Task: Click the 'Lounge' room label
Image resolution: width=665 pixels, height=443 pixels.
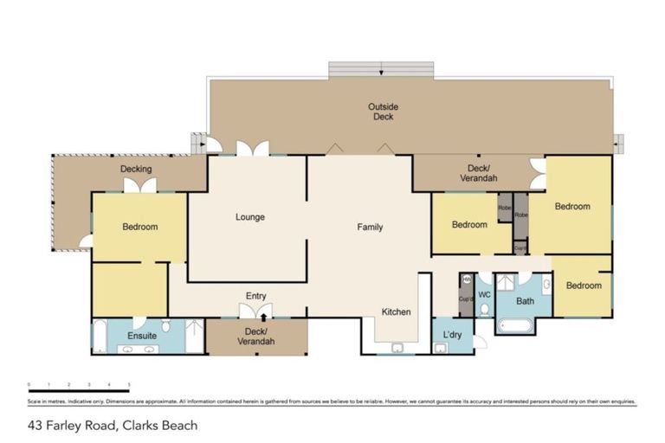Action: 250,217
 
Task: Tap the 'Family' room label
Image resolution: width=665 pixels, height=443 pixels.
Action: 370,228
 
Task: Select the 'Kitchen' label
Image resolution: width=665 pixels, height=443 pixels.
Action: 397,311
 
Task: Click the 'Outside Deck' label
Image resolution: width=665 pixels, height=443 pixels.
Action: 383,112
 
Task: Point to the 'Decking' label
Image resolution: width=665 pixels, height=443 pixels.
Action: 136,169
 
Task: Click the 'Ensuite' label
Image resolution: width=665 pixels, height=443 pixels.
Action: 142,335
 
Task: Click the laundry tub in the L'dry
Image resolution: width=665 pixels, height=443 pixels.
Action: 441,348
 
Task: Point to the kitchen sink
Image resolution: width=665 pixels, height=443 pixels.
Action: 397,348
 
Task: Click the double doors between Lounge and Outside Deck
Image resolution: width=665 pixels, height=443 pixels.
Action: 253,149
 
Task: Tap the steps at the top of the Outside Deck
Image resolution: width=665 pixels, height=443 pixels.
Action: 381,69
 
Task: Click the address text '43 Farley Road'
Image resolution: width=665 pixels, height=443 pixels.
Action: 73,425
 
